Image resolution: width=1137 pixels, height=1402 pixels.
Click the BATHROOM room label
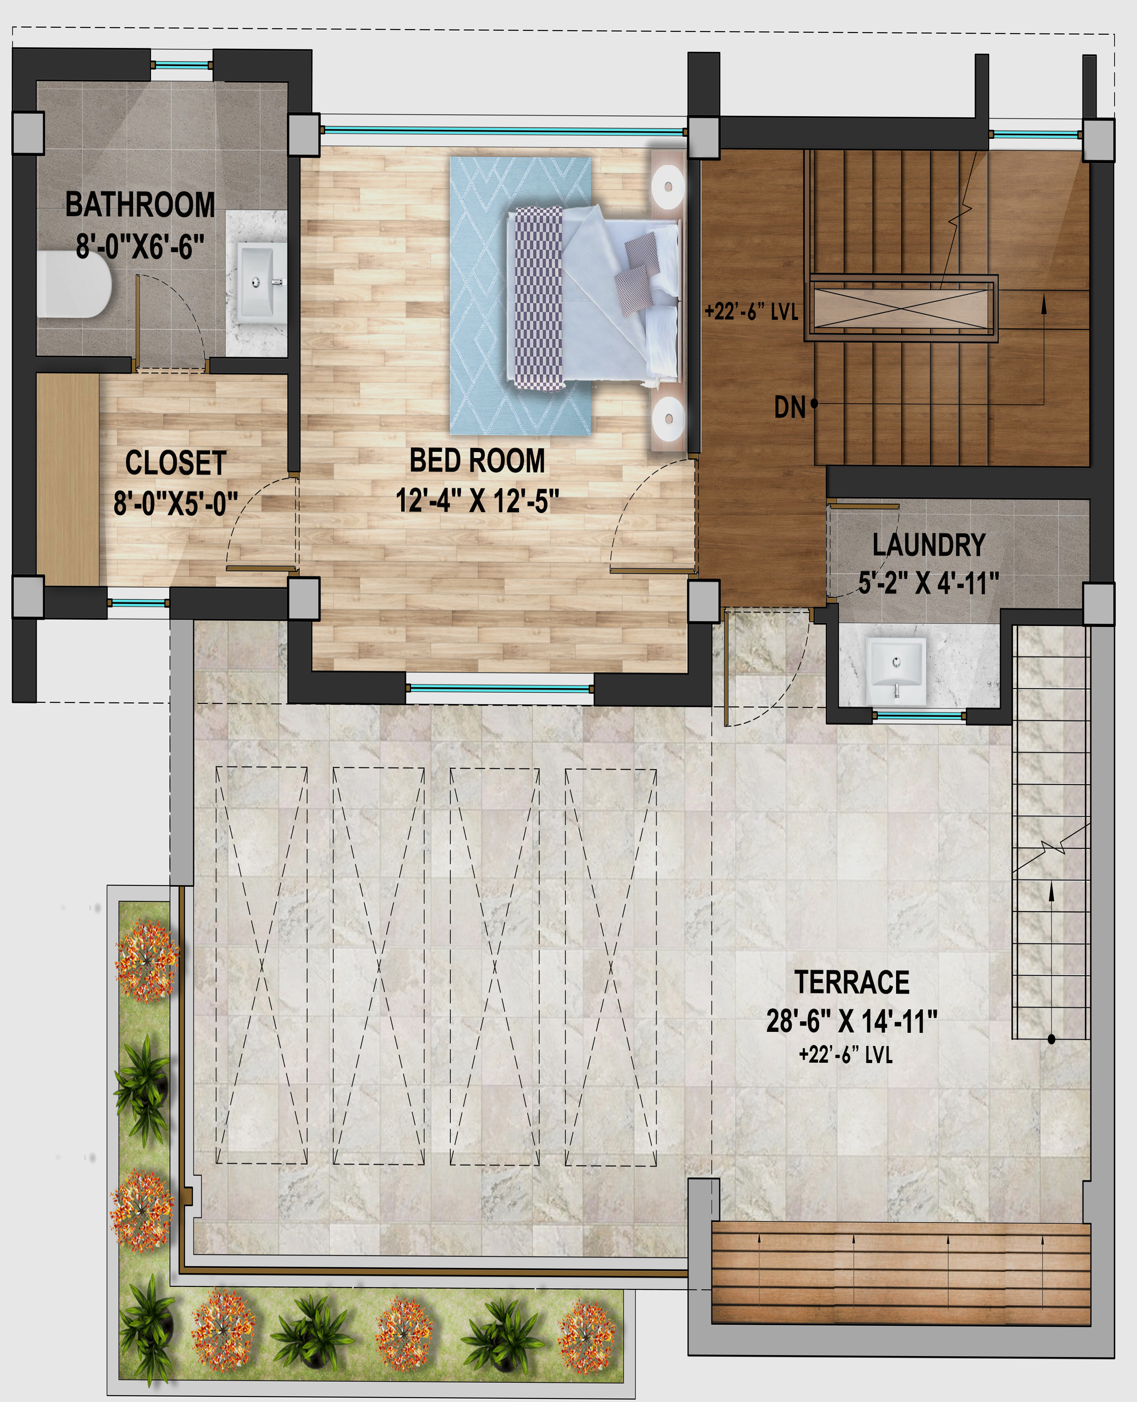140,205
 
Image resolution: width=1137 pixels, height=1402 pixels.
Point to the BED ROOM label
477,460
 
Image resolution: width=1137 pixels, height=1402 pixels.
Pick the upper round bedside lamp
668,187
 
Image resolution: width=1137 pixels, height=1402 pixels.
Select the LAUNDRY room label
929,545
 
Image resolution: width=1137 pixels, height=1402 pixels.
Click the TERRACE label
851,982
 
